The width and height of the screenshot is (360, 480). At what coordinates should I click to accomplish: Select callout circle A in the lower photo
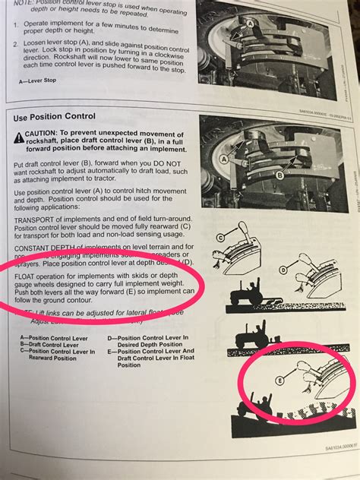point(223,159)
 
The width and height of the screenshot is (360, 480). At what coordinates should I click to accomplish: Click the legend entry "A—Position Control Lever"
point(53,337)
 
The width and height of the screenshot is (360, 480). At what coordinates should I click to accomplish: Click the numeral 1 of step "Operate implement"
point(15,25)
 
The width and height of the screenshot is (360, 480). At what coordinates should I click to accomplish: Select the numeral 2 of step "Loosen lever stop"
point(16,45)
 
